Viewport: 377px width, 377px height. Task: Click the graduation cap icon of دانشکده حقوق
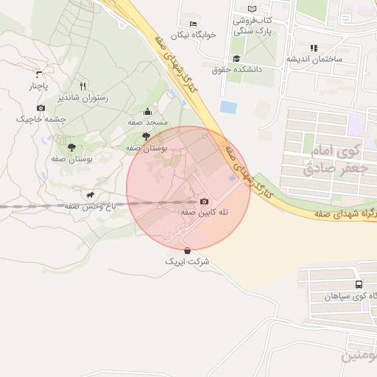[x=237, y=58]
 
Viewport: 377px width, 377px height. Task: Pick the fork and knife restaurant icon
[x=82, y=85]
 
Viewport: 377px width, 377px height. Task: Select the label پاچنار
[x=38, y=85]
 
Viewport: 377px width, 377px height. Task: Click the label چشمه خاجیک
[x=41, y=119]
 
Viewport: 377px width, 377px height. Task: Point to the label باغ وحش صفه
[x=90, y=207]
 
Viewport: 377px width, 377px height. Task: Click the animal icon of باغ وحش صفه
[x=90, y=195]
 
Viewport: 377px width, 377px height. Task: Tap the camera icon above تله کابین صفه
[x=204, y=201]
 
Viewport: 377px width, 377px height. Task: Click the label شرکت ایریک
[x=187, y=261]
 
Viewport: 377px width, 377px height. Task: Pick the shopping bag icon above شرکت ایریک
[x=187, y=251]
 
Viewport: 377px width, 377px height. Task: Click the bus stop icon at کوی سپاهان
[x=359, y=285]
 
